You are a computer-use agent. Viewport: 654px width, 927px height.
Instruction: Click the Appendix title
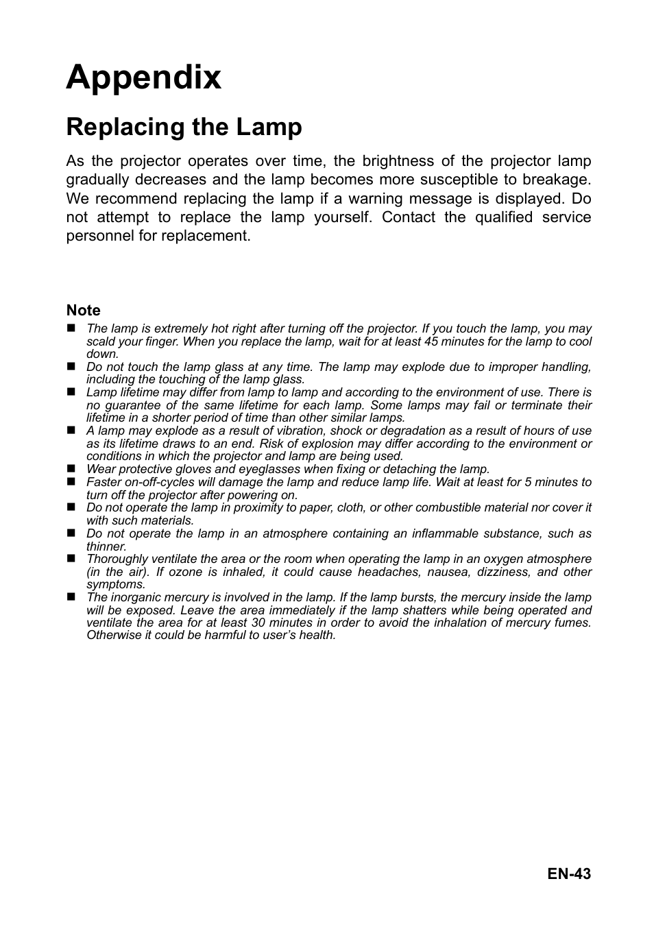click(144, 77)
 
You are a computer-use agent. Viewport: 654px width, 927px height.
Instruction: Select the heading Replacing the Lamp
click(184, 128)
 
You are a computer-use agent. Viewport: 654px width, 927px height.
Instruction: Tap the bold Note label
click(83, 311)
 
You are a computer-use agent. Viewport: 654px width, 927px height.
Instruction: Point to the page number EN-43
click(569, 874)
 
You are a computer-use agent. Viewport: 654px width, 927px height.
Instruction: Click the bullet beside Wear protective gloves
click(70, 469)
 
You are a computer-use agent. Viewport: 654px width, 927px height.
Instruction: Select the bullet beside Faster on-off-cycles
click(70, 482)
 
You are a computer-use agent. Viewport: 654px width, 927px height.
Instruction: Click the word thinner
click(106, 546)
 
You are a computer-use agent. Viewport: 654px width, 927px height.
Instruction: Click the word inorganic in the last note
click(137, 597)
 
